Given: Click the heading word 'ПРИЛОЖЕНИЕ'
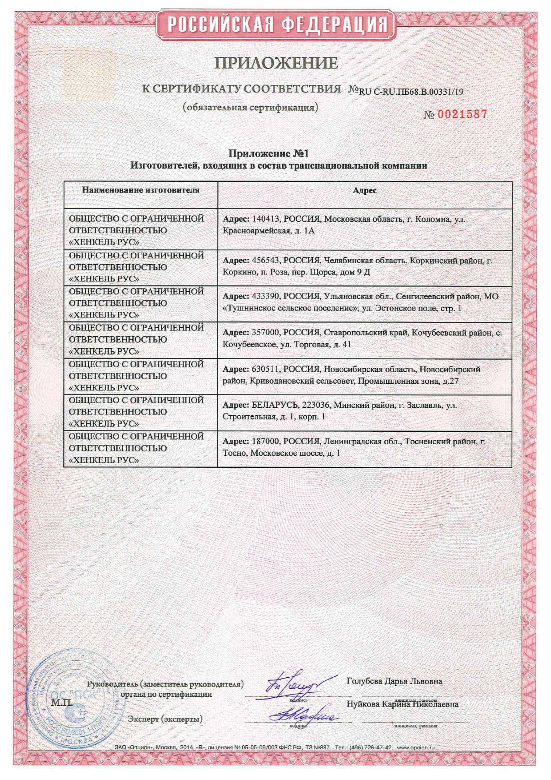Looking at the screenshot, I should (276, 63).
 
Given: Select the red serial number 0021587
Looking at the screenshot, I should (463, 114).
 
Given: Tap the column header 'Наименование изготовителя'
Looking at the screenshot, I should (140, 190).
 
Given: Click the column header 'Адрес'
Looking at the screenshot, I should (364, 190).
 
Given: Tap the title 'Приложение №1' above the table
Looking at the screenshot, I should (268, 154).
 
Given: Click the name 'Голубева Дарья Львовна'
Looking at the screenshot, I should (394, 681).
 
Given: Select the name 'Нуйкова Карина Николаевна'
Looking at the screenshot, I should (402, 704).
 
